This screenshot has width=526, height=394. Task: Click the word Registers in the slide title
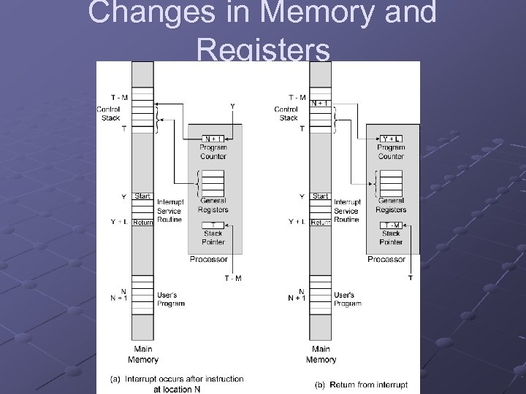264,51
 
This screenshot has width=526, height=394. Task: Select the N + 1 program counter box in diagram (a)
213,139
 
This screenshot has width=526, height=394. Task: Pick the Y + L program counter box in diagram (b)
391,139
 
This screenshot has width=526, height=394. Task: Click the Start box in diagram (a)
142,196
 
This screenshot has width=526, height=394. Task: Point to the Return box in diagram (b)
321,222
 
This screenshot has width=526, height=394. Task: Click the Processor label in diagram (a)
208,259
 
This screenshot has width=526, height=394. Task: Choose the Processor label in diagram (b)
386,259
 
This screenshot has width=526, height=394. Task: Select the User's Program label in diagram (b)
348,299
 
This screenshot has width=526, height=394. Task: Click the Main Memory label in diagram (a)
142,354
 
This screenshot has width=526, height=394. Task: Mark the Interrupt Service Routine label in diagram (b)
346,211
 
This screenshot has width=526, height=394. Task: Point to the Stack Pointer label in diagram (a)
213,237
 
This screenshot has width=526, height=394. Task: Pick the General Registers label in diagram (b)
391,205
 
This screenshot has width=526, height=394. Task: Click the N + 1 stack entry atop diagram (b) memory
319,103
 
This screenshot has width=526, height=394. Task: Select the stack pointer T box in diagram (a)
213,224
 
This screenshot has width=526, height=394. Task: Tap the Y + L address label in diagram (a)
117,221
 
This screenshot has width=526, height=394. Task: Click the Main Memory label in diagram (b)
321,354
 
